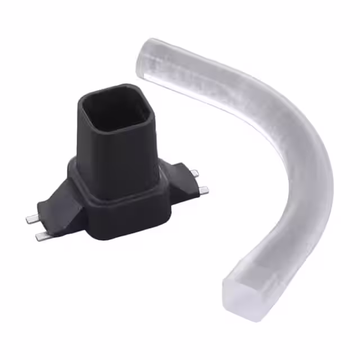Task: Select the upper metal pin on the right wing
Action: point(193,172)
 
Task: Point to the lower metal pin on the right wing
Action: point(203,191)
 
